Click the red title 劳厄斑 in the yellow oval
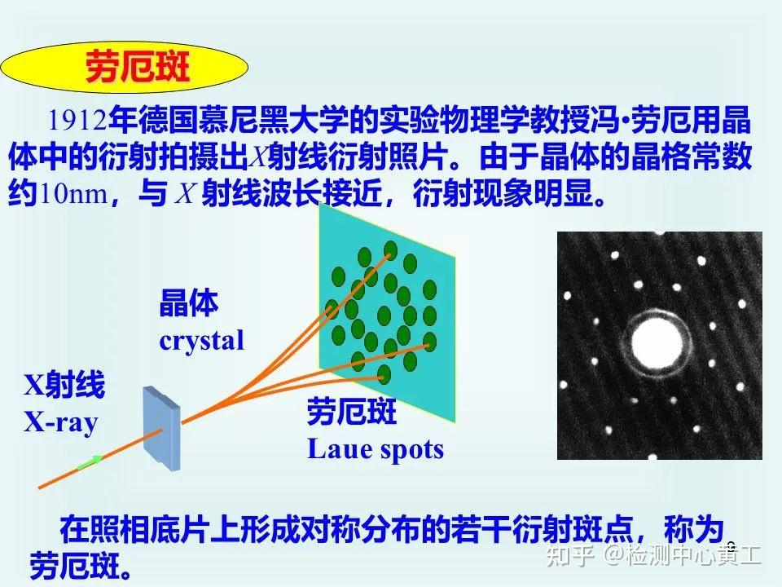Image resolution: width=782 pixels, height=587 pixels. [x=138, y=68]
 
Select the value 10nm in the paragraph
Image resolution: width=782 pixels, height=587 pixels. [x=73, y=195]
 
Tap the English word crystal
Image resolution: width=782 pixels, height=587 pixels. [x=201, y=339]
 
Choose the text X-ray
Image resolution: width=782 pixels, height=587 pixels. [x=60, y=421]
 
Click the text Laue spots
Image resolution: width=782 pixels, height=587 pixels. [x=375, y=448]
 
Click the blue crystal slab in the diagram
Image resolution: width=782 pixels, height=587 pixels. [x=162, y=428]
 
